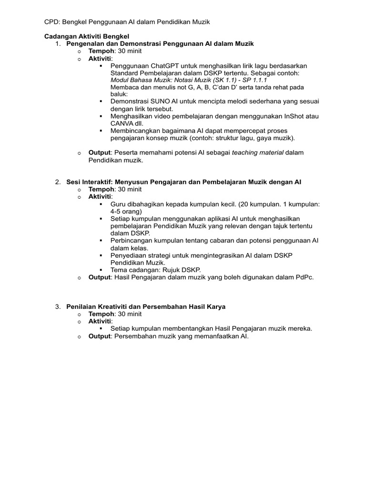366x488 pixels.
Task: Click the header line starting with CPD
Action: tap(127, 22)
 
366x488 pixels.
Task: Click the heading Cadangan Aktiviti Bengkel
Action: tap(86, 36)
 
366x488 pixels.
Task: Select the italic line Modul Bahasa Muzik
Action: tap(189, 81)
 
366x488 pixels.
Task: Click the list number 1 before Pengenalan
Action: tap(57, 44)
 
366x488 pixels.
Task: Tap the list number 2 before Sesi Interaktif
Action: tap(57, 182)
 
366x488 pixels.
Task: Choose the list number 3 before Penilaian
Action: tap(57, 307)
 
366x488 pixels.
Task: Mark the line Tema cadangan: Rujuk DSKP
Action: tap(155, 270)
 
